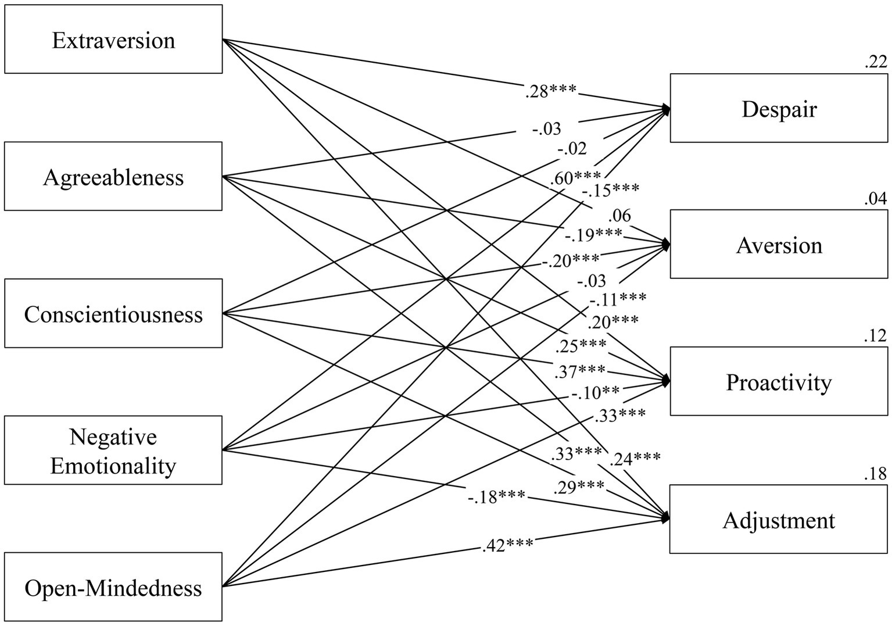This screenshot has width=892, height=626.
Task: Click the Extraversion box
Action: coord(113,40)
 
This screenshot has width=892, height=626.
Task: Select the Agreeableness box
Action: coord(113,176)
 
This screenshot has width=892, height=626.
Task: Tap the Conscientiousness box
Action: coord(113,313)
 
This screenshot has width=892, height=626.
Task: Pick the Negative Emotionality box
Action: coord(113,450)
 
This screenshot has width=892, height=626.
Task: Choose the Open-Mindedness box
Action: coord(113,587)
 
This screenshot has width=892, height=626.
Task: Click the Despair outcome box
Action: coord(779,108)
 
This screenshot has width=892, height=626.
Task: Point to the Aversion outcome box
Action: coord(779,245)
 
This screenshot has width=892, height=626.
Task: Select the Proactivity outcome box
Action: coord(779,381)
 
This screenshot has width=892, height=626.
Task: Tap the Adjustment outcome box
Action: coord(779,519)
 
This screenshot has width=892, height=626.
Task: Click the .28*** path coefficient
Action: coord(550,91)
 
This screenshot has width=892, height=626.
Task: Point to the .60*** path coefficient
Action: coord(575,178)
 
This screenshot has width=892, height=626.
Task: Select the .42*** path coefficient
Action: coord(507,545)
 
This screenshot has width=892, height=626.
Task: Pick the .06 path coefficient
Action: coord(619,216)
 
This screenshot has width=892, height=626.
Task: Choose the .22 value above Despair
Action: coord(876,62)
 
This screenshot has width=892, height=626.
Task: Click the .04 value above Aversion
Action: coord(876,199)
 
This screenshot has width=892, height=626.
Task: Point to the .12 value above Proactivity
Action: coord(876,336)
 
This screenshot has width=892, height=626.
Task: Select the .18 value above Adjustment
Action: coord(876,474)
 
